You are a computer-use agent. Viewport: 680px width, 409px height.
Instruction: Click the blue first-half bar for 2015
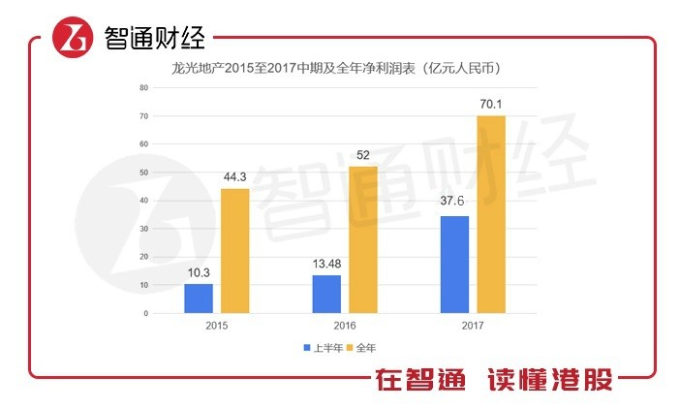pyautogui.click(x=199, y=299)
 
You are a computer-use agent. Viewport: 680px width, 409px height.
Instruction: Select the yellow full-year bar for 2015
pyautogui.click(x=235, y=251)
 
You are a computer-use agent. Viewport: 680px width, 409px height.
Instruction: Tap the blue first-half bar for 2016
pyautogui.click(x=326, y=295)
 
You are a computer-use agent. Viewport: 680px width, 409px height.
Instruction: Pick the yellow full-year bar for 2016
pyautogui.click(x=363, y=240)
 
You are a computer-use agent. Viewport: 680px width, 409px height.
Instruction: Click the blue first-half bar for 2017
pyautogui.click(x=454, y=265)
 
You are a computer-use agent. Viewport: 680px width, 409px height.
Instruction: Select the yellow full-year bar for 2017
pyautogui.click(x=491, y=214)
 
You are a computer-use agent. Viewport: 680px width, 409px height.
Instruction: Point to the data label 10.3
pyautogui.click(x=199, y=273)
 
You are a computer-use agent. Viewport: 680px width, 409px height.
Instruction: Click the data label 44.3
pyautogui.click(x=235, y=177)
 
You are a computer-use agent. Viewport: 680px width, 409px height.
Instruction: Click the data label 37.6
pyautogui.click(x=454, y=204)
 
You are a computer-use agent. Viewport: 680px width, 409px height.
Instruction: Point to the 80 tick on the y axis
pyautogui.click(x=143, y=87)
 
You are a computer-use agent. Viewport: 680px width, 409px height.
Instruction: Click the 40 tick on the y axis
pyautogui.click(x=143, y=201)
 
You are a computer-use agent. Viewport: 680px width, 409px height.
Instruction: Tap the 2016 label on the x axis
pyautogui.click(x=345, y=327)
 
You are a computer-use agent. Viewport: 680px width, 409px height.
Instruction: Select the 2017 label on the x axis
pyautogui.click(x=473, y=327)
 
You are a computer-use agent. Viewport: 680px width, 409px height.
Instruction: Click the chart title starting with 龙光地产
pyautogui.click(x=336, y=69)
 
